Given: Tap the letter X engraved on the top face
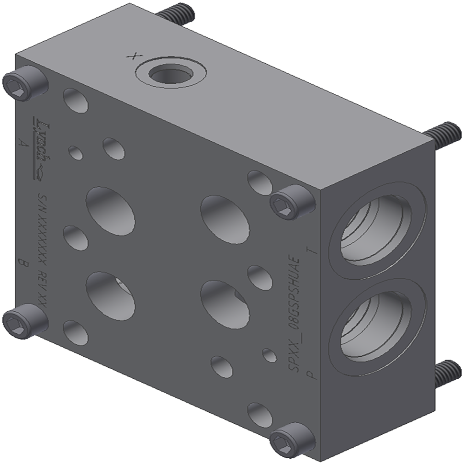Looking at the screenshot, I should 129,56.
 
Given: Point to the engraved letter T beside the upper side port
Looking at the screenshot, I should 314,250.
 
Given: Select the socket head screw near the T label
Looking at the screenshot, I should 291,203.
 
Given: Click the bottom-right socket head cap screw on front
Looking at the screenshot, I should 291,440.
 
